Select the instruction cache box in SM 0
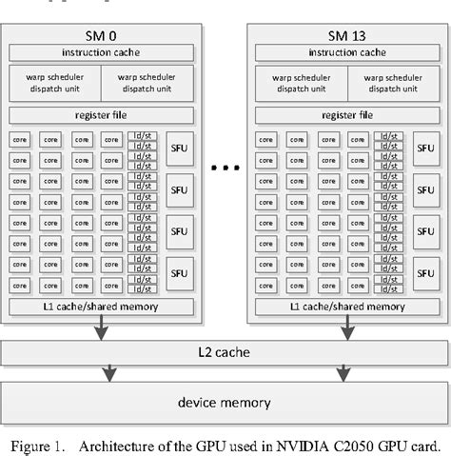[x=100, y=51]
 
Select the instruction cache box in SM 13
[x=345, y=51]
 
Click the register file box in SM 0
[x=100, y=116]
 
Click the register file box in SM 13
[x=345, y=116]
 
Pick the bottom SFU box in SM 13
[x=424, y=272]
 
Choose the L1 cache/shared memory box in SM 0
[x=100, y=307]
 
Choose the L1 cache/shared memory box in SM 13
[x=345, y=307]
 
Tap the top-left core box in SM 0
[x=20, y=139]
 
